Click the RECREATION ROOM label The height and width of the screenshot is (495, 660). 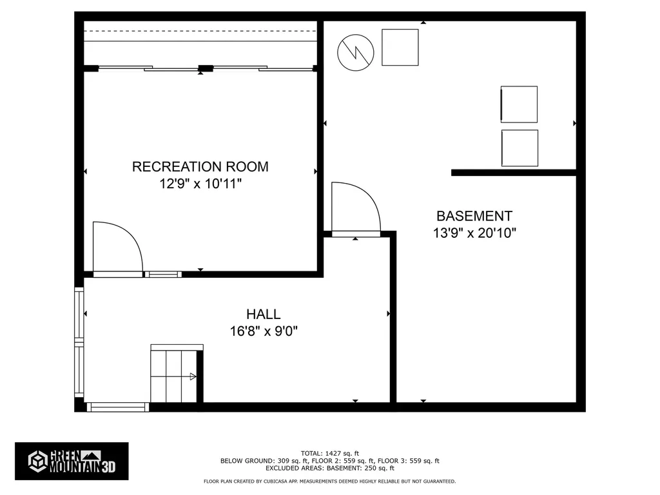click(x=200, y=166)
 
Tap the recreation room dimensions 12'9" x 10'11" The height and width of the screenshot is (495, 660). click(x=200, y=184)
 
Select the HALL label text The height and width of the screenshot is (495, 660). click(x=263, y=314)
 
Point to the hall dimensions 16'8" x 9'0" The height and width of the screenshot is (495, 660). click(x=263, y=331)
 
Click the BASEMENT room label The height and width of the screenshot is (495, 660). click(x=474, y=216)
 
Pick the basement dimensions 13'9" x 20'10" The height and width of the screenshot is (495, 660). click(x=474, y=233)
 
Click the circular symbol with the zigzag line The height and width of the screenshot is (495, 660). click(x=355, y=52)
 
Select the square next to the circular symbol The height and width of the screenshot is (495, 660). click(x=400, y=47)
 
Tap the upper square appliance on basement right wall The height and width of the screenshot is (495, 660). click(x=519, y=104)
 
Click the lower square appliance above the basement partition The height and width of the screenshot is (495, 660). click(x=519, y=148)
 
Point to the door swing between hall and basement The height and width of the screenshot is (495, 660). click(x=354, y=208)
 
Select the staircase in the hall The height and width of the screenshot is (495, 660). click(x=174, y=376)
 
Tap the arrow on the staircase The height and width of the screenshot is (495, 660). click(x=192, y=376)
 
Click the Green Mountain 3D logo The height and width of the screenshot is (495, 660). click(x=72, y=461)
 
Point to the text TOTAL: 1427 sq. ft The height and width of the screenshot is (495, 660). click(x=329, y=452)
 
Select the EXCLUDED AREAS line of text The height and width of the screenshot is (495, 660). click(x=329, y=469)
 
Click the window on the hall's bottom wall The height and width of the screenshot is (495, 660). click(x=118, y=407)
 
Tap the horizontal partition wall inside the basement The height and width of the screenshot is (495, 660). click(x=513, y=172)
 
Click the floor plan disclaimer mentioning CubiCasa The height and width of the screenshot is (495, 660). click(x=329, y=481)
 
